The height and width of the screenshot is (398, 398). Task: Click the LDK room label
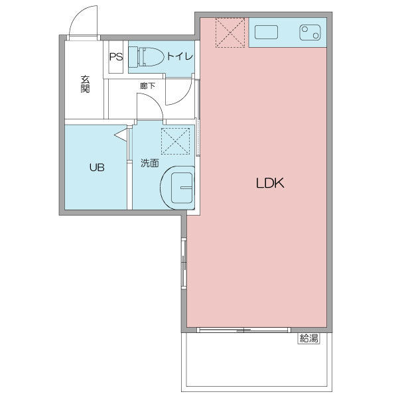coord(270,183)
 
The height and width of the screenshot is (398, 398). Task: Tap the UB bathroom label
coord(97,167)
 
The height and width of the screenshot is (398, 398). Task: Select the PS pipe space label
coord(116,56)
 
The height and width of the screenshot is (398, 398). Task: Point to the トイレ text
coord(180,56)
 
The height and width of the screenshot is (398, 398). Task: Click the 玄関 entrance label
coord(85,84)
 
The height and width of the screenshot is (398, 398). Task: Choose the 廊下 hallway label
coord(147,86)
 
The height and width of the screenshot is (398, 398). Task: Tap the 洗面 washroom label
coord(150,163)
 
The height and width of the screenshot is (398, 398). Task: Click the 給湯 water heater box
coord(308,338)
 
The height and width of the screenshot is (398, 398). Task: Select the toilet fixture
coord(146,56)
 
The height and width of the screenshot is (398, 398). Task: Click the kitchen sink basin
coord(266,32)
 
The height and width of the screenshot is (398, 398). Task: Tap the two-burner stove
coord(310,33)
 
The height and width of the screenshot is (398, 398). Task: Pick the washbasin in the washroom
coord(178,188)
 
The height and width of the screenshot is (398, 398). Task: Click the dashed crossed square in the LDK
coord(230,33)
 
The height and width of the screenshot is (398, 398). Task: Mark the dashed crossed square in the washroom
coord(175,141)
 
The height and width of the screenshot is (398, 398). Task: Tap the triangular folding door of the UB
coord(121,135)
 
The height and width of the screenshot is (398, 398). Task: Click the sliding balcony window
coord(243,330)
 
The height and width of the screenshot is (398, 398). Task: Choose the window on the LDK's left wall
coord(184,264)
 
